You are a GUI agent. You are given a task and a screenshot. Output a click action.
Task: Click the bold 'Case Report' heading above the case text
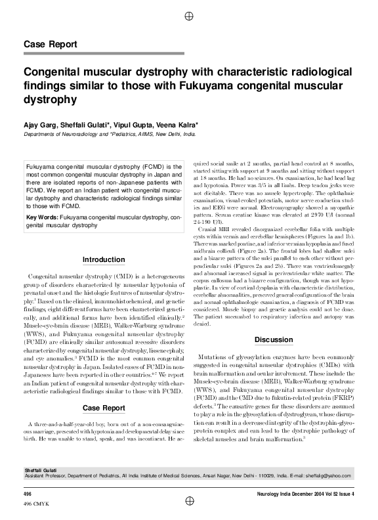pos(104,408)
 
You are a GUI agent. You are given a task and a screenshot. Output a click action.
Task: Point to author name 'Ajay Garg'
pos(41,124)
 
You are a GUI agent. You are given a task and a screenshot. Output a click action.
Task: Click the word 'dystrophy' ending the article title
pos(50,100)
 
